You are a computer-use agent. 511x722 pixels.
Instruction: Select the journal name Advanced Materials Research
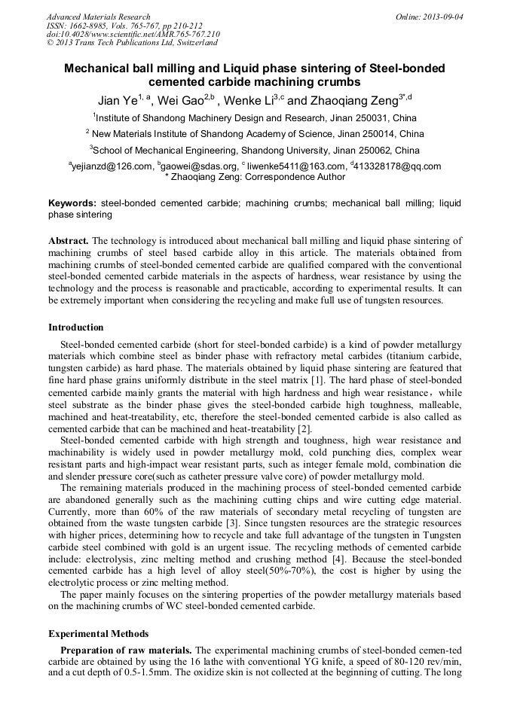pos(98,16)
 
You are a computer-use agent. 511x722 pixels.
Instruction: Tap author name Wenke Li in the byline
pos(249,100)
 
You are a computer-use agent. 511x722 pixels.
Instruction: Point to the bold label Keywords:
pos(72,203)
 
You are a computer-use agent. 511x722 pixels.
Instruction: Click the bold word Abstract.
pos(69,241)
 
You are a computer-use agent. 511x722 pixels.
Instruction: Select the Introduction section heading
pos(75,327)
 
